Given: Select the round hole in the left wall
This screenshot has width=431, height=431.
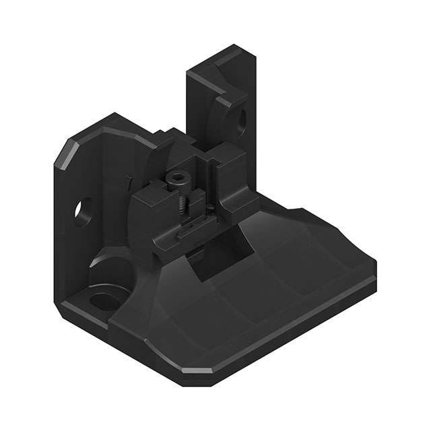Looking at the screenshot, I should point(85,209).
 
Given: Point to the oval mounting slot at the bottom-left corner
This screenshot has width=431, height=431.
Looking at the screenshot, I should point(102,299).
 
